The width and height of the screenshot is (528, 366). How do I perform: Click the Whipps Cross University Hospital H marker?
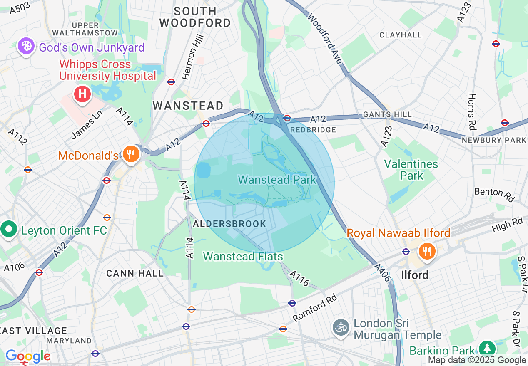pos(82,93)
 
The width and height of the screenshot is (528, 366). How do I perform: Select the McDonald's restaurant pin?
pos(131,155)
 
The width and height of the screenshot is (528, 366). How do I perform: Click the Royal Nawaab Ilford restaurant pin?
pos(426,251)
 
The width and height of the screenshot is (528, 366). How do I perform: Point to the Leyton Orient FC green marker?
pos(9,230)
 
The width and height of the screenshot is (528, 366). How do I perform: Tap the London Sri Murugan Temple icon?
pos(341,328)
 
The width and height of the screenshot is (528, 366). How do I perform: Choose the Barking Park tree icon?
pos(486,348)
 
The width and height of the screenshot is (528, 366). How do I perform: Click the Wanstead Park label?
pos(277,180)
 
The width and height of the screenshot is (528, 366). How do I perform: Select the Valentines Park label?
pos(411,170)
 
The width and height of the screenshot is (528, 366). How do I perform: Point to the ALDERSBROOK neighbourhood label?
pos(229,224)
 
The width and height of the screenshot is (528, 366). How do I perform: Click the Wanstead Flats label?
pos(243,256)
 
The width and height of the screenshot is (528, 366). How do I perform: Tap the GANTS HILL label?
pos(387,114)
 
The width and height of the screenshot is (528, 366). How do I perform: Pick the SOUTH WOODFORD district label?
pos(195,17)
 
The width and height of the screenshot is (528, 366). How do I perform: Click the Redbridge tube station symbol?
pos(287,118)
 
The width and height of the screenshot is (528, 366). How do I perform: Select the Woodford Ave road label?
pos(325,38)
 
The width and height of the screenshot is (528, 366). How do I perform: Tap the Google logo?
pos(27,356)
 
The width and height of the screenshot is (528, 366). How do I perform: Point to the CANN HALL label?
pos(135,273)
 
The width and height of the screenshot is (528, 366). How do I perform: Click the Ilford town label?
pos(415,275)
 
